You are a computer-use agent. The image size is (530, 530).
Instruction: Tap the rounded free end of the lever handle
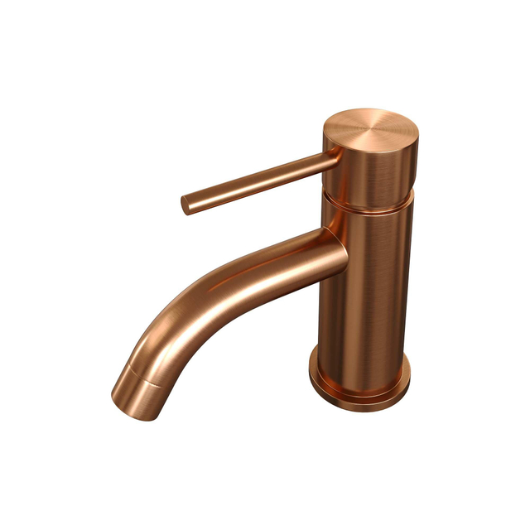(x=186, y=205)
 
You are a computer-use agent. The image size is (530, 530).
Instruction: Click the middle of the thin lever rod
(x=257, y=181)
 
